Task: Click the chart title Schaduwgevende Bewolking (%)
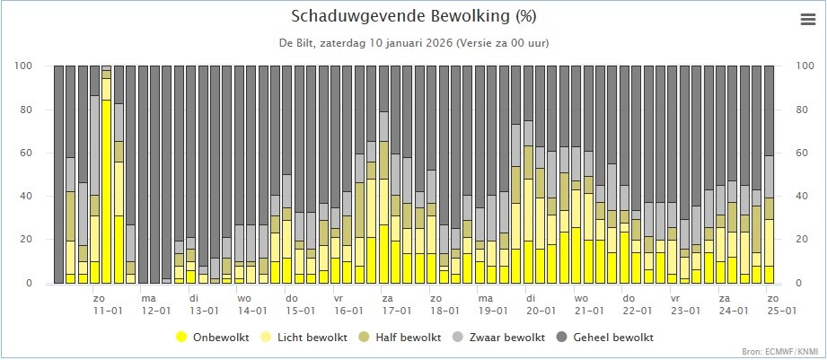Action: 413,17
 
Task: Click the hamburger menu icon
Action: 807,20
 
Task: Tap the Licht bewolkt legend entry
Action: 304,337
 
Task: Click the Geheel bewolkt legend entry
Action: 604,337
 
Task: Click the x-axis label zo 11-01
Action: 108,305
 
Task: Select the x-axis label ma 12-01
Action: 155,305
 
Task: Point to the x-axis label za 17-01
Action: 397,305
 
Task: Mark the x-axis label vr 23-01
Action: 685,305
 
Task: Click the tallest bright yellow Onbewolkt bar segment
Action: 106,191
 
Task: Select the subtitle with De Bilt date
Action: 413,43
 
